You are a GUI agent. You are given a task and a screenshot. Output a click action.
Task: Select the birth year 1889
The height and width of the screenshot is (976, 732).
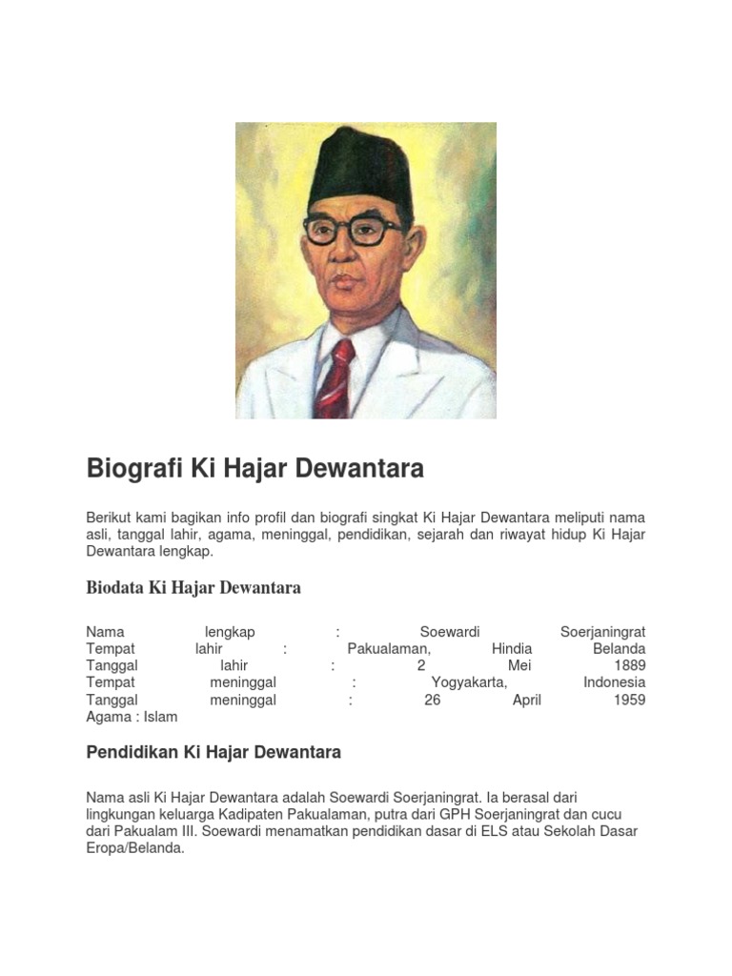[629, 665]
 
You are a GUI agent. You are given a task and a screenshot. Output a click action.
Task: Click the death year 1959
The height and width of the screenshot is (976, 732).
[629, 700]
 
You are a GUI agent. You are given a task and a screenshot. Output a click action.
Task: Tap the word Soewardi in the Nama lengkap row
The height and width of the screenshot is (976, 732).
[450, 631]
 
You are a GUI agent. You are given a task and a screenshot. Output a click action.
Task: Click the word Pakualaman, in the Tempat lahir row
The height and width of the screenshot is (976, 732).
[389, 648]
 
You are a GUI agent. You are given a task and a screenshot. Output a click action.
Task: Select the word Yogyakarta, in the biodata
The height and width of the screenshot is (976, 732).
[469, 682]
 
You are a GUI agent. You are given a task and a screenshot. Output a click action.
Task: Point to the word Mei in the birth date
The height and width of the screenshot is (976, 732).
[519, 665]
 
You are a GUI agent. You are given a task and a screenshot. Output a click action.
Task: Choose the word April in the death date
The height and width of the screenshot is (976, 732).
[526, 700]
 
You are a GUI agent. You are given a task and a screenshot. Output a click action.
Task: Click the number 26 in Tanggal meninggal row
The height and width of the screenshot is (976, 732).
[433, 700]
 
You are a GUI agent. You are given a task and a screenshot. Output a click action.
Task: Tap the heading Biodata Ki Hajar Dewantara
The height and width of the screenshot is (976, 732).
[193, 587]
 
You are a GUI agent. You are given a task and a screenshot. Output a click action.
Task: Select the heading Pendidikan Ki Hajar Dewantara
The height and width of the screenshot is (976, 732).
[213, 752]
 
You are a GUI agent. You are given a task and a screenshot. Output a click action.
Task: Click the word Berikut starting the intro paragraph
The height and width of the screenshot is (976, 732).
[109, 517]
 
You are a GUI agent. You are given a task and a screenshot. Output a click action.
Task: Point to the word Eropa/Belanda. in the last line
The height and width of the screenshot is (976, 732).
[134, 848]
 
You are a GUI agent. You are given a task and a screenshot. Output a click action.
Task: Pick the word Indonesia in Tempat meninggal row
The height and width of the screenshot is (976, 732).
[614, 682]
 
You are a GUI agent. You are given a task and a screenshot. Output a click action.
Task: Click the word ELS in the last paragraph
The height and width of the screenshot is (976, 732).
[540, 831]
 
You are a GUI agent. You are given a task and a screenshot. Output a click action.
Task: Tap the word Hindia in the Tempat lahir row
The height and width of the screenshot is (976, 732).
[512, 648]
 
